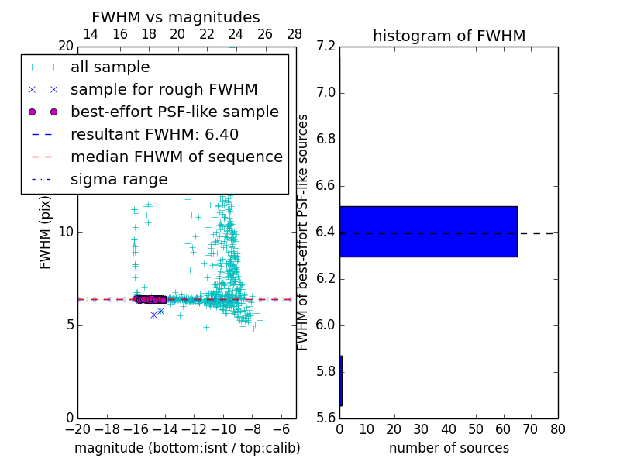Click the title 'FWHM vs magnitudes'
pyautogui.click(x=176, y=17)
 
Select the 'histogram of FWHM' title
pyautogui.click(x=449, y=36)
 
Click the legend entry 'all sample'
pyautogui.click(x=110, y=67)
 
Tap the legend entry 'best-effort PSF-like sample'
pyautogui.click(x=174, y=112)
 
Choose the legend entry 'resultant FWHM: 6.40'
pyautogui.click(x=154, y=134)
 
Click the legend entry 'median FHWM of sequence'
pyautogui.click(x=176, y=157)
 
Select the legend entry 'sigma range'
pyautogui.click(x=119, y=179)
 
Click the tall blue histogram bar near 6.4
pyautogui.click(x=428, y=231)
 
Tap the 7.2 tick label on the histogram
pyautogui.click(x=326, y=46)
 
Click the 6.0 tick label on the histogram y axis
pyautogui.click(x=326, y=325)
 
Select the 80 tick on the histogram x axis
pyautogui.click(x=557, y=429)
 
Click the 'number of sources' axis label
pyautogui.click(x=449, y=448)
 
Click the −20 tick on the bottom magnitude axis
pyautogui.click(x=77, y=429)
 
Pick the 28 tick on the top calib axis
pyautogui.click(x=294, y=34)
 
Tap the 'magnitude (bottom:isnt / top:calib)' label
pyautogui.click(x=187, y=448)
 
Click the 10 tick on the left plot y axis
pyautogui.click(x=65, y=232)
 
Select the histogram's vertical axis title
pyautogui.click(x=303, y=232)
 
